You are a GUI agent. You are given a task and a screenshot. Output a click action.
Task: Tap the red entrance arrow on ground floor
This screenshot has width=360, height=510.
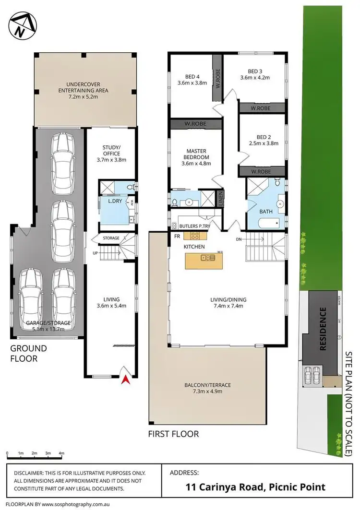126,380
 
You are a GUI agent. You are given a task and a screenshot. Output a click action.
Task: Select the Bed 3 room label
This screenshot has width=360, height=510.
255,74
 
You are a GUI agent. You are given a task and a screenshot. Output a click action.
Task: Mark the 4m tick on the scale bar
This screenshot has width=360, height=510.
61,452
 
